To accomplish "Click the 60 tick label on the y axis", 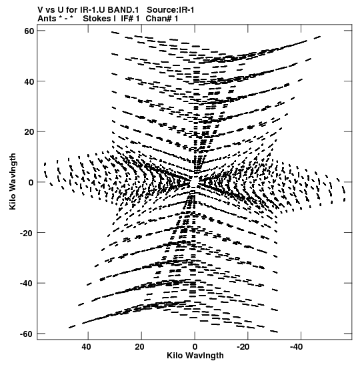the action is pyautogui.click(x=29, y=31).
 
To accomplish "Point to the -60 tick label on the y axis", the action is pyautogui.click(x=27, y=334).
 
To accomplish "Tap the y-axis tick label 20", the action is pyautogui.click(x=29, y=131).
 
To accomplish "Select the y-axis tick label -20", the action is pyautogui.click(x=27, y=233).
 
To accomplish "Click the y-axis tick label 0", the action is pyautogui.click(x=31, y=182).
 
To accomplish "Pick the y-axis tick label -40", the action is pyautogui.click(x=27, y=284).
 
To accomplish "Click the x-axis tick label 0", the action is pyautogui.click(x=195, y=347).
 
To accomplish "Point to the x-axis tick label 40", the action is pyautogui.click(x=86, y=347).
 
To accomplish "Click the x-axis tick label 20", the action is pyautogui.click(x=139, y=347).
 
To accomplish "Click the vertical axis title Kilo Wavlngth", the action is pyautogui.click(x=12, y=181).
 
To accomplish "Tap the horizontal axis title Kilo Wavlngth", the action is pyautogui.click(x=195, y=356).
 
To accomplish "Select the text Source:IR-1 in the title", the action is pyautogui.click(x=171, y=10).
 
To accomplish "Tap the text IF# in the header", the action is pyautogui.click(x=127, y=19).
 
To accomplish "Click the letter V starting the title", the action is pyautogui.click(x=40, y=10).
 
